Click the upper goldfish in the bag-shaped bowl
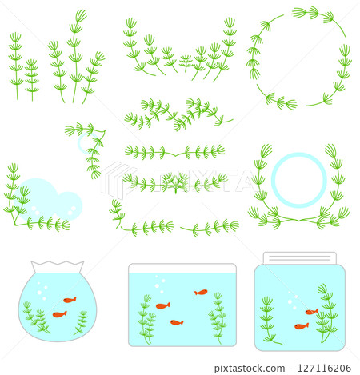(x=70, y=300)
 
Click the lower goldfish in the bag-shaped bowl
(x=59, y=314)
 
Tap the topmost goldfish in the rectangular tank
(x=201, y=293)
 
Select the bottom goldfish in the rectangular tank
(x=177, y=322)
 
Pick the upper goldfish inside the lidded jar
(x=311, y=312)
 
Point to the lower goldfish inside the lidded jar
(x=301, y=326)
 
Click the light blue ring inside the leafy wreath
(x=298, y=179)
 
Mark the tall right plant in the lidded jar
(x=325, y=312)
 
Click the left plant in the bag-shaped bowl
(x=36, y=319)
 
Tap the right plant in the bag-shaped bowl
(x=81, y=322)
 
